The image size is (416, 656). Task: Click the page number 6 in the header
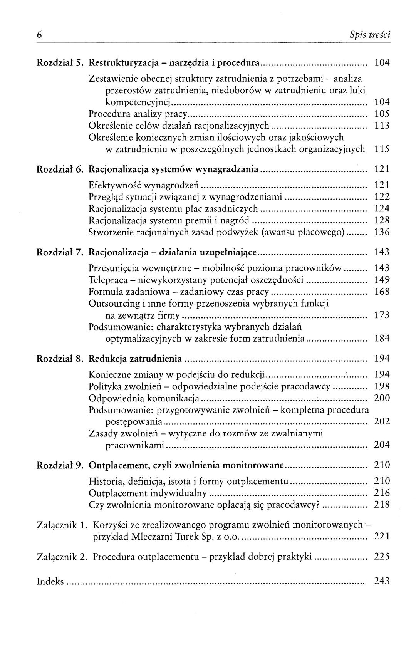point(39,35)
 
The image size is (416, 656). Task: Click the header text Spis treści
point(370,35)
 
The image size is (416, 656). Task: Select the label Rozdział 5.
point(60,62)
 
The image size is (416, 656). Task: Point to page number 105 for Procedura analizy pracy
point(382,114)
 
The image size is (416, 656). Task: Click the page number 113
point(382,126)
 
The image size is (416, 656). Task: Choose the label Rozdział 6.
point(60,169)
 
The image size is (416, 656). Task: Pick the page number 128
point(382,220)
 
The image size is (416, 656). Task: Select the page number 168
point(382,292)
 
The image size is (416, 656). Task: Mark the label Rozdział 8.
point(60,359)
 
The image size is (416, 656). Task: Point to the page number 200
point(382,398)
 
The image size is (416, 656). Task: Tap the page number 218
point(382,505)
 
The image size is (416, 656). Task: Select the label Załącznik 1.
point(61,525)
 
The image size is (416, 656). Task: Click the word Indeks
point(50,581)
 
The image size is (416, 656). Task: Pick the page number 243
point(382,581)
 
